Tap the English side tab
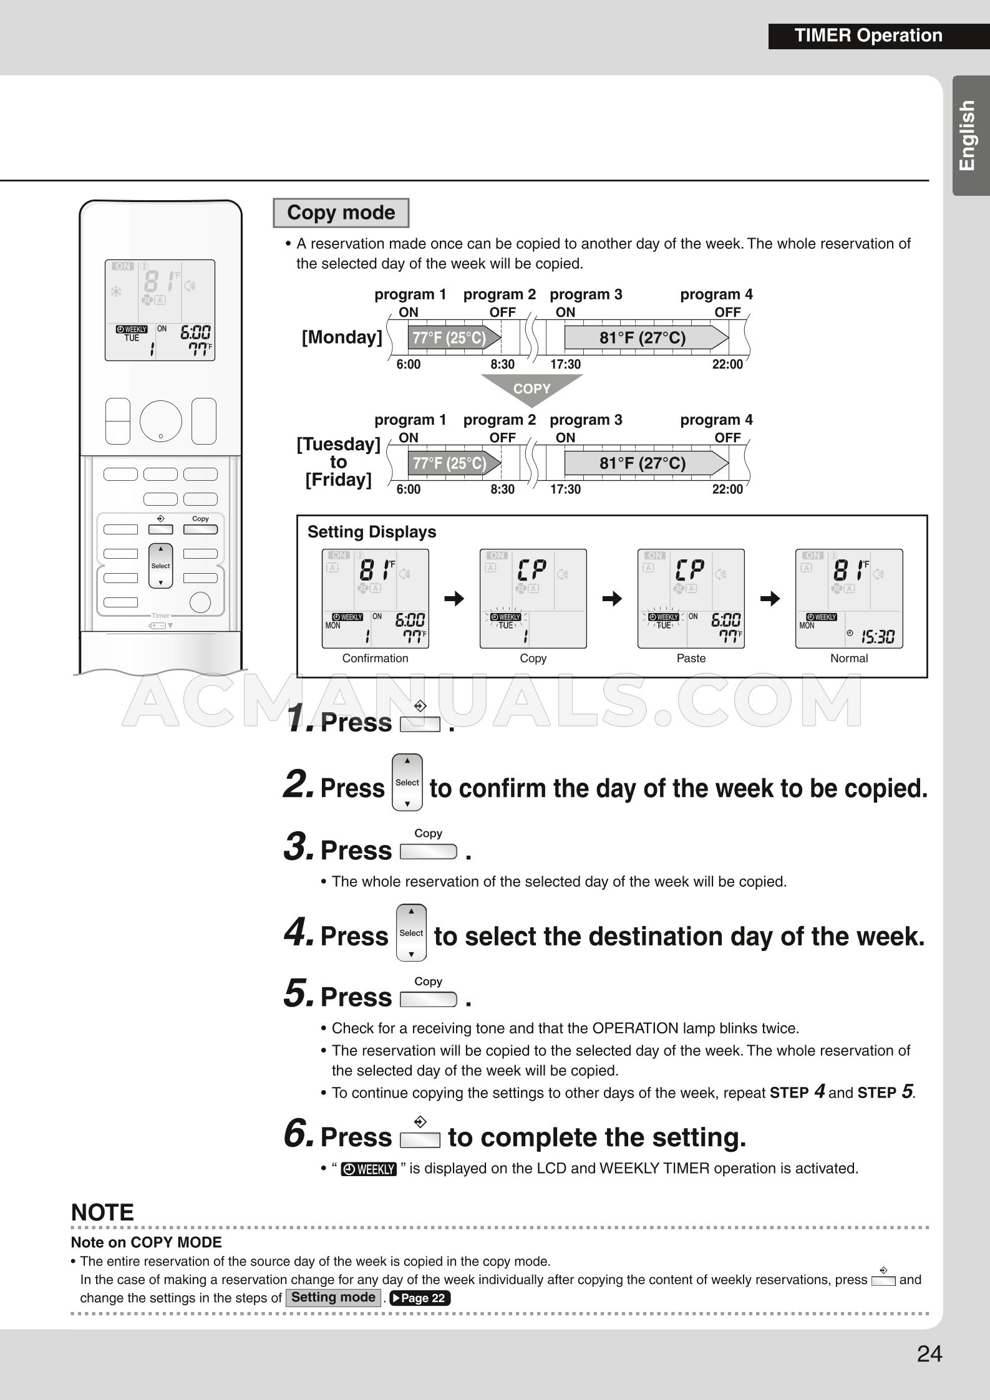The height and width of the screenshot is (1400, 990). (969, 135)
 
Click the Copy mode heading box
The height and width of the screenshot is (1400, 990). (341, 213)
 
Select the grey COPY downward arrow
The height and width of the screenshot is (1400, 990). (531, 389)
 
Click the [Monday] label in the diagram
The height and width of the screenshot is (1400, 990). (341, 337)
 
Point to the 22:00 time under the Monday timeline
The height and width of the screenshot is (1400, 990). (727, 364)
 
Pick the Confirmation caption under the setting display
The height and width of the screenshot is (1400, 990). (375, 658)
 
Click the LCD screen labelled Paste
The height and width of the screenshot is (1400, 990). (691, 598)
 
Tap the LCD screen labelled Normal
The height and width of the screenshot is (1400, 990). (848, 598)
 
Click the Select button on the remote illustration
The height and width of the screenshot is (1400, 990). (160, 566)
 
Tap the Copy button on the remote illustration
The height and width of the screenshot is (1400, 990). (200, 529)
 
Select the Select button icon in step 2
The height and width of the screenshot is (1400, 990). (407, 782)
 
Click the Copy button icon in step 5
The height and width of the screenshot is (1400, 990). (428, 1000)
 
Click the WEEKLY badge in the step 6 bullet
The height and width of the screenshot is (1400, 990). (369, 1169)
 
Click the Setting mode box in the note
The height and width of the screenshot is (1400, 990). (333, 1297)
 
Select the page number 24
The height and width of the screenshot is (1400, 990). (929, 1354)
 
